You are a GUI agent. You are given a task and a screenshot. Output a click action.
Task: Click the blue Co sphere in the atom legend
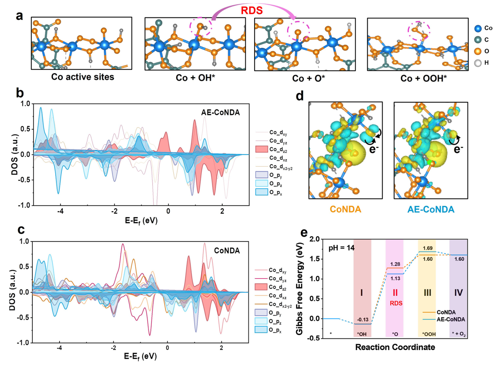click(x=478, y=29)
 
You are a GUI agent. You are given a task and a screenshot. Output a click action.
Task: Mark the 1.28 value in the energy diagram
click(x=395, y=263)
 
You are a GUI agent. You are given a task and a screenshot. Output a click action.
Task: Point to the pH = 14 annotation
click(x=343, y=248)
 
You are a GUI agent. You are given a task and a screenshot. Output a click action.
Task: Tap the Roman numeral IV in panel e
click(x=458, y=293)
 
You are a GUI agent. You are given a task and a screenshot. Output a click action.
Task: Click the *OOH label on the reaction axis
click(x=427, y=334)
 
